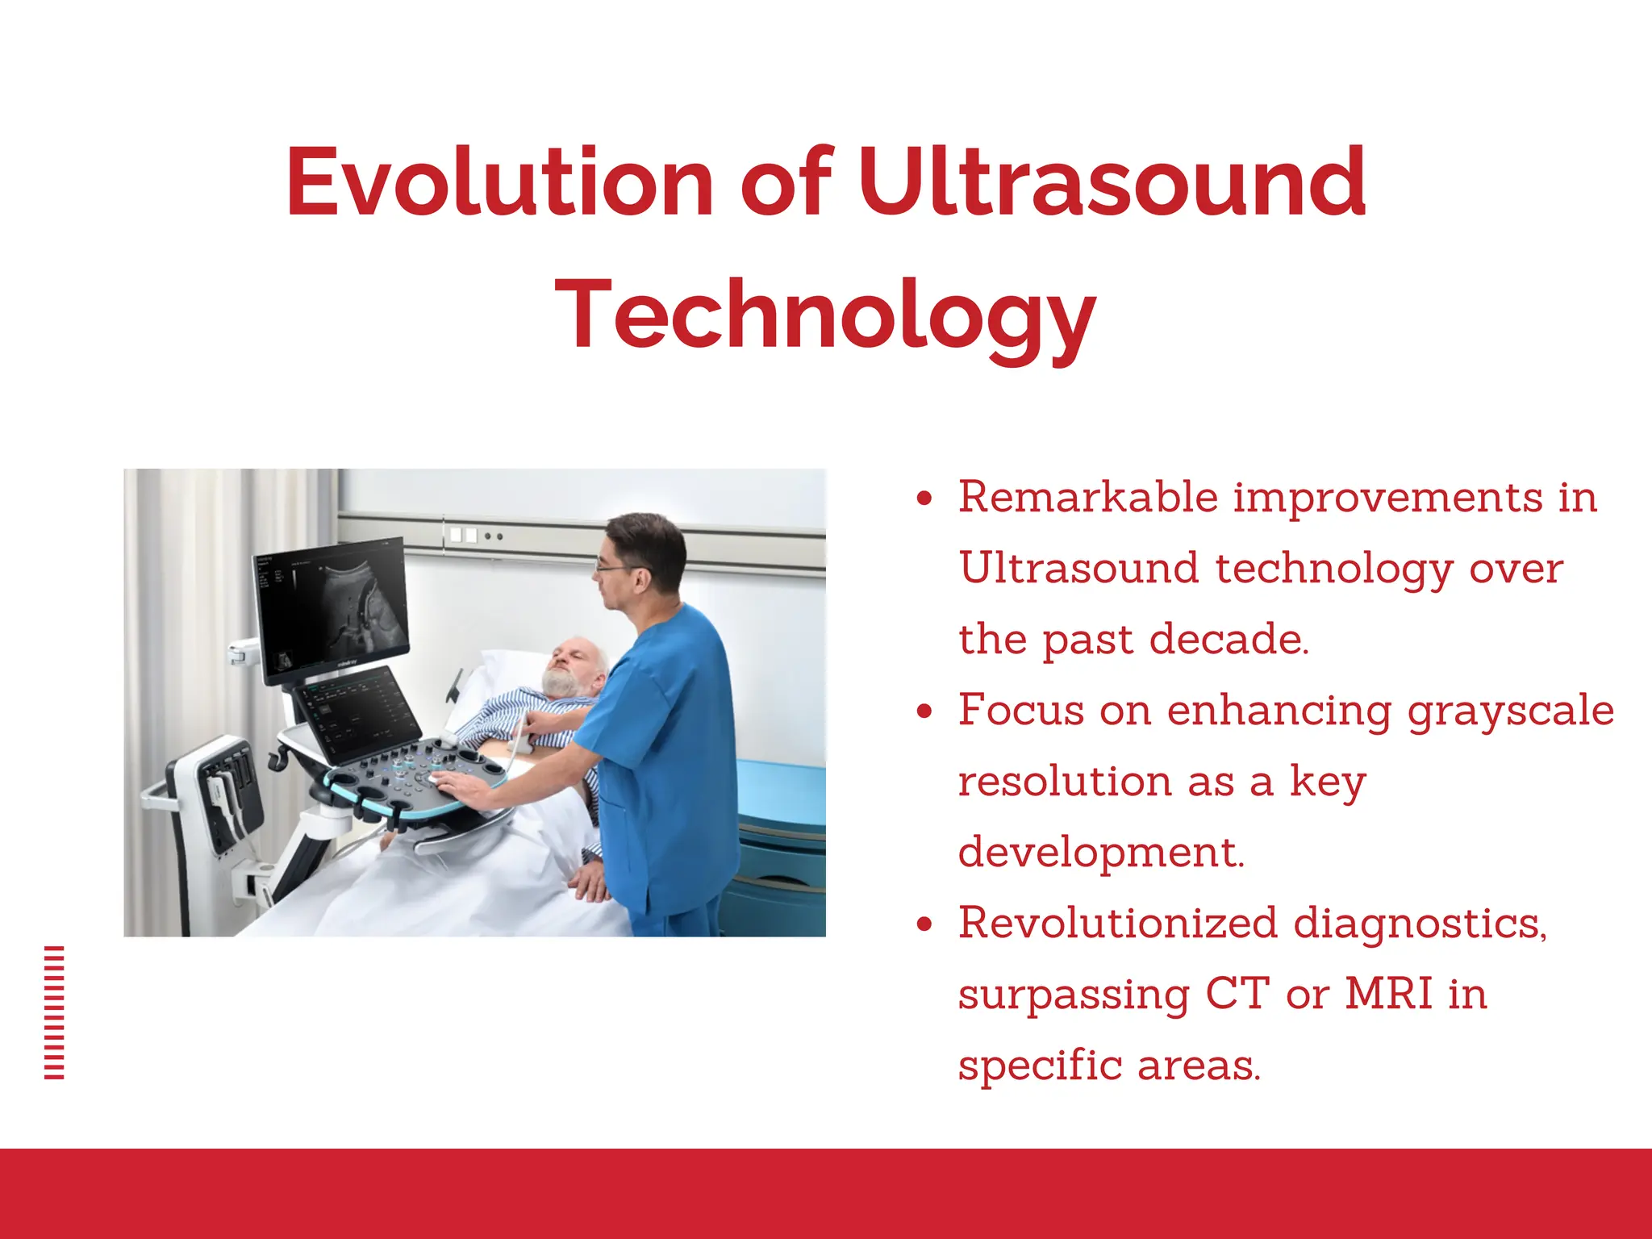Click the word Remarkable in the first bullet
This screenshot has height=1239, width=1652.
1087,498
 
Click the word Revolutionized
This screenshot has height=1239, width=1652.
1118,924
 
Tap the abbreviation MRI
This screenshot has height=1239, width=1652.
1388,995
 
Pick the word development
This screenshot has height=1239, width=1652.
1101,853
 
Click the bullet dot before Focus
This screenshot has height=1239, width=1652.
924,711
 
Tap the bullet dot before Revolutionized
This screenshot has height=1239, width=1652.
924,924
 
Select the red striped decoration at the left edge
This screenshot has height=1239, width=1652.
54,1012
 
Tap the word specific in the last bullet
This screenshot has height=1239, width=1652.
1039,1066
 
